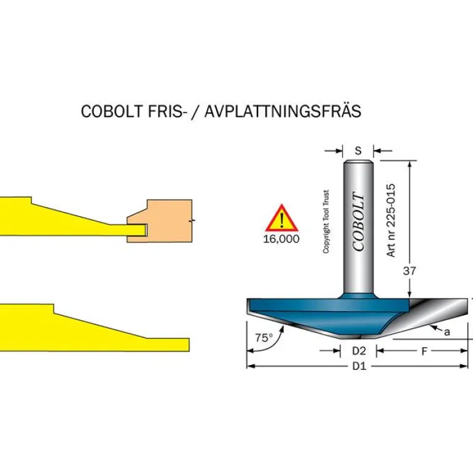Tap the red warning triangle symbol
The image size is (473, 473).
[x=281, y=219]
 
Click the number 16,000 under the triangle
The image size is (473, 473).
[x=281, y=239]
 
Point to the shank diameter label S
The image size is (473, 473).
[x=359, y=149]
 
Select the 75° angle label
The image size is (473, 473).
[x=264, y=337]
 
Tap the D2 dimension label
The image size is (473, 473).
[x=359, y=351]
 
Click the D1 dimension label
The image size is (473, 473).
[x=359, y=367]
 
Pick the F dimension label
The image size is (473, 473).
[x=424, y=351]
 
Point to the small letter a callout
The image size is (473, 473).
[x=447, y=332]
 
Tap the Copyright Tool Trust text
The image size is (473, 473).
[x=326, y=221]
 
